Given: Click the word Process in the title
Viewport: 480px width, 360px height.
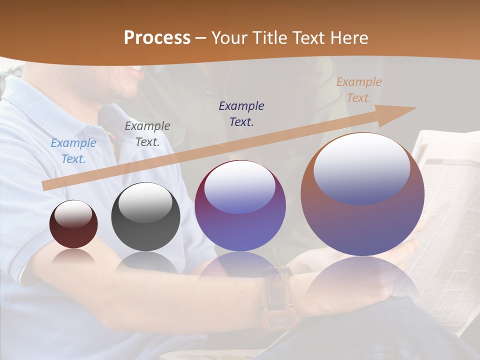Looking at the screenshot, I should (x=157, y=37).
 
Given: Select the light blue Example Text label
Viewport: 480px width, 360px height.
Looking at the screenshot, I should (x=73, y=150).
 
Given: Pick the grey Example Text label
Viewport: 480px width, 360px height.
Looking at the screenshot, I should (x=147, y=133).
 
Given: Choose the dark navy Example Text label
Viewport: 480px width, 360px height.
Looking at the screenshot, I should (x=241, y=113).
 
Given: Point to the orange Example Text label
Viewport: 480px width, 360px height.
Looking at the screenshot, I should (x=358, y=90).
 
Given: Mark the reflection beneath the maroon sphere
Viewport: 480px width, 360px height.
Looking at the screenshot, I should (x=73, y=256).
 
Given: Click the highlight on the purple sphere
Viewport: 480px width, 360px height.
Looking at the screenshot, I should (x=239, y=187).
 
